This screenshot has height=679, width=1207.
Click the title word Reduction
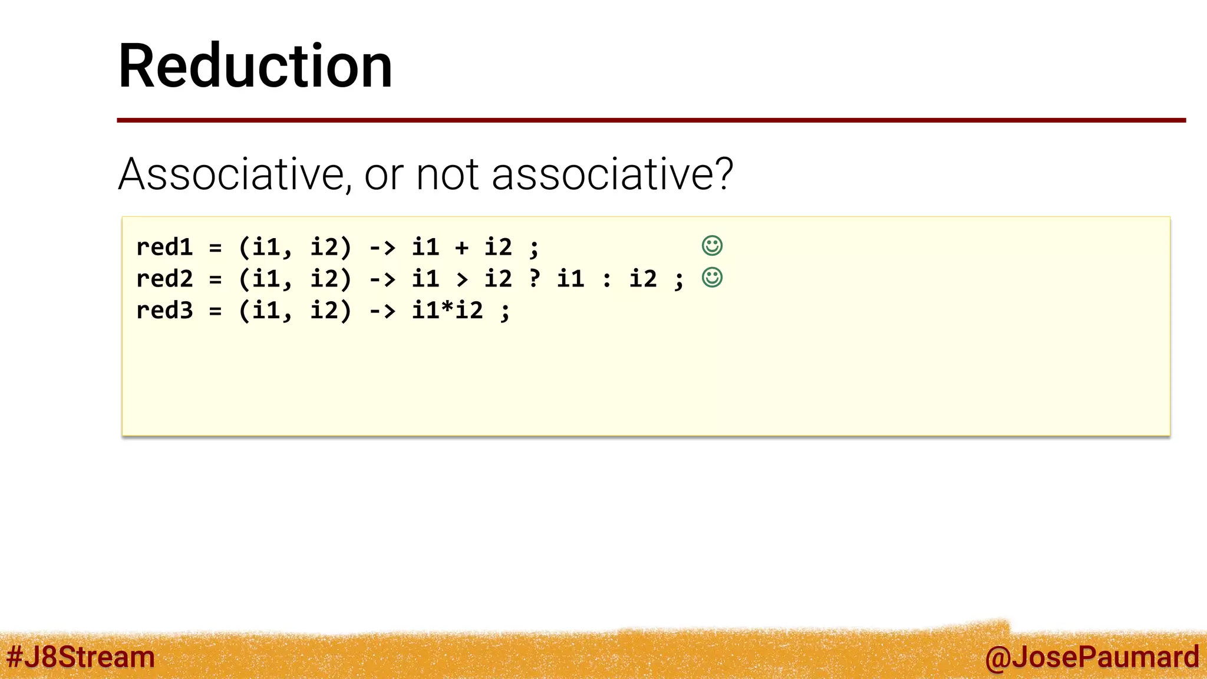pyautogui.click(x=255, y=66)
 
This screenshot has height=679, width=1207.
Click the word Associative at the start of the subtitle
pyautogui.click(x=230, y=174)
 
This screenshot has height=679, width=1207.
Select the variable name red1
pyautogui.click(x=164, y=247)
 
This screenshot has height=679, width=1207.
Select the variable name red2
pyautogui.click(x=164, y=279)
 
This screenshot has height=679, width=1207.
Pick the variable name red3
pyautogui.click(x=164, y=311)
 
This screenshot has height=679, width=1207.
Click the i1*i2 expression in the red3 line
pyautogui.click(x=447, y=311)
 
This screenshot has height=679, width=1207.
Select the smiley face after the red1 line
pyautogui.click(x=712, y=246)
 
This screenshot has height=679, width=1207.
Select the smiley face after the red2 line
pyautogui.click(x=712, y=278)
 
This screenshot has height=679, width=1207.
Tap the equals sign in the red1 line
pyautogui.click(x=216, y=248)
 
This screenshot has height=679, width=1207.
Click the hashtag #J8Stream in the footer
pyautogui.click(x=80, y=657)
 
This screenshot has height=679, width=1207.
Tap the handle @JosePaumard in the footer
pyautogui.click(x=1091, y=657)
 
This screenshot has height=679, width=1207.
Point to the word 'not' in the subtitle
pyautogui.click(x=447, y=174)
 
